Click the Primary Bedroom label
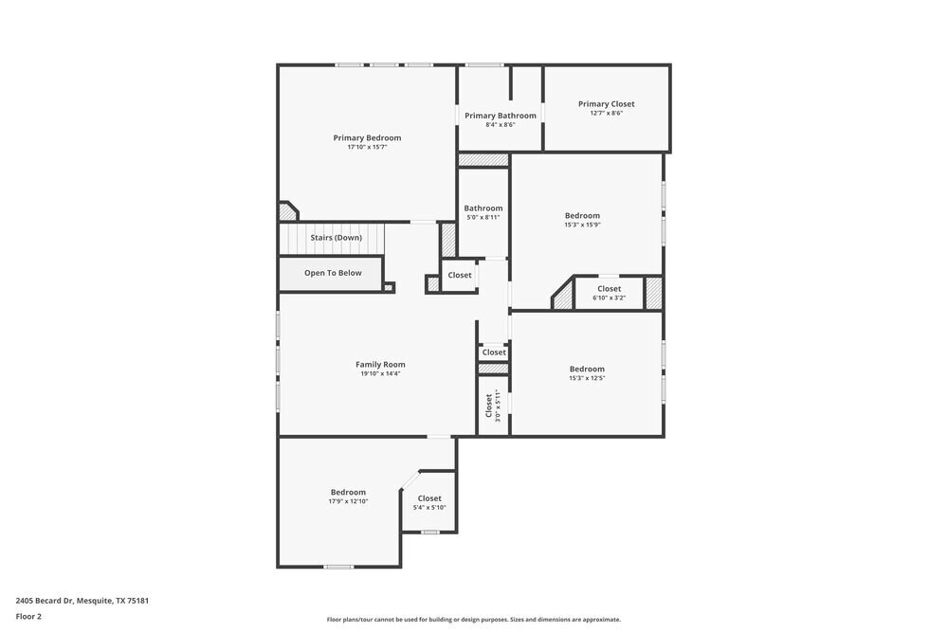(367, 137)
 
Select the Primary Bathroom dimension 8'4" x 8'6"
(500, 124)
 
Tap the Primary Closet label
(606, 104)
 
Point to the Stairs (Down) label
(336, 238)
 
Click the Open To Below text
(333, 273)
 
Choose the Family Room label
(380, 365)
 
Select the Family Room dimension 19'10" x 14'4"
(380, 374)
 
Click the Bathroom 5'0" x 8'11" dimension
(483, 217)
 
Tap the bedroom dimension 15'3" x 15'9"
(582, 225)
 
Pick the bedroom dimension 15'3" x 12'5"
(587, 378)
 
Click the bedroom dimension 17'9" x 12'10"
(348, 501)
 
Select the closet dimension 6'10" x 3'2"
(610, 298)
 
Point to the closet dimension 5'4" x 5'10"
(429, 507)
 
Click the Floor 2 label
(28, 616)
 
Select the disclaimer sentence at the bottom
(474, 620)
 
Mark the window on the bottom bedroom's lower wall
(338, 567)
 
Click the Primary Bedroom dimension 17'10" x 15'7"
(367, 147)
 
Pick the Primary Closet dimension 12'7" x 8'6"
(606, 113)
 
